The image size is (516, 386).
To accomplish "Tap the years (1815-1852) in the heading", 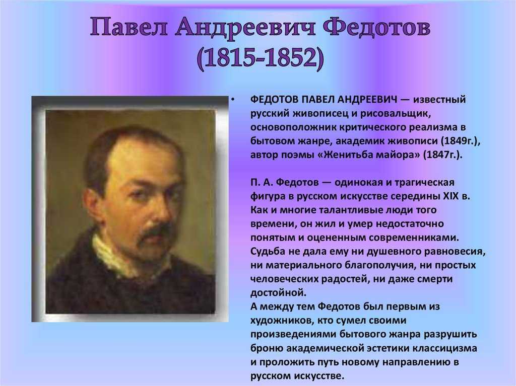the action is pyautogui.click(x=261, y=58).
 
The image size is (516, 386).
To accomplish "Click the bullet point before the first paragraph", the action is pyautogui.click(x=233, y=99).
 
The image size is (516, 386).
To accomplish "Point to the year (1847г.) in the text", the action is pyautogui.click(x=442, y=155).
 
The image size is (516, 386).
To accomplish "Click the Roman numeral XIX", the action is pyautogui.click(x=450, y=196).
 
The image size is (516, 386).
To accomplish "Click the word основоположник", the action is pyautogui.click(x=292, y=127).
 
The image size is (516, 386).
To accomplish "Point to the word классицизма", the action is pyautogui.click(x=444, y=348).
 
